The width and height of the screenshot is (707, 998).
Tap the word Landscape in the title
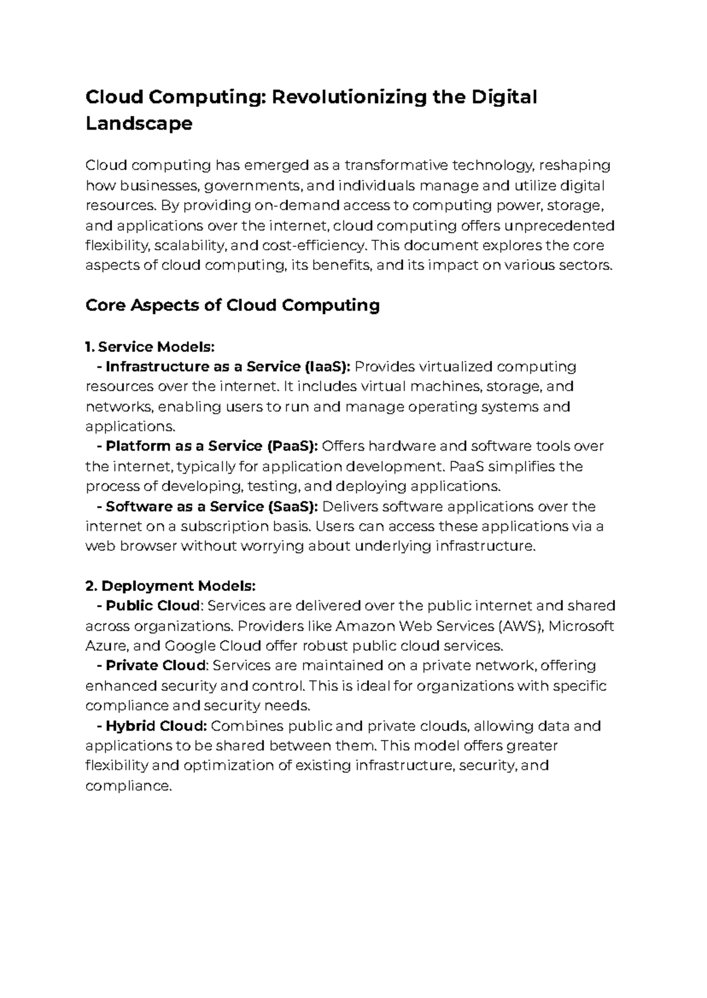(x=139, y=124)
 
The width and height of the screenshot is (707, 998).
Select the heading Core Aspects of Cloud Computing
(x=232, y=305)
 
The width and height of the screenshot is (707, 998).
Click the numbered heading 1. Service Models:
(x=146, y=346)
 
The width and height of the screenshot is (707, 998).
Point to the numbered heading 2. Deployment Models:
(x=171, y=586)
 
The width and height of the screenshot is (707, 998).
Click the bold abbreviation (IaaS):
(x=328, y=367)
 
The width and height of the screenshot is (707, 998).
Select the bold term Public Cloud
(x=153, y=606)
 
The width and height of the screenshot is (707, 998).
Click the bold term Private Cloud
(x=156, y=666)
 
